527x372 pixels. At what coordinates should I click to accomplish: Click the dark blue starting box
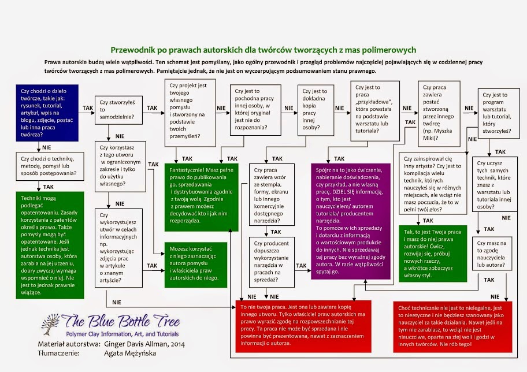coord(47,111)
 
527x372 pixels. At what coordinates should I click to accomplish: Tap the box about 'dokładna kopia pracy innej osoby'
coord(316,111)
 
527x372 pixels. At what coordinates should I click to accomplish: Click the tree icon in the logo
coord(51,327)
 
